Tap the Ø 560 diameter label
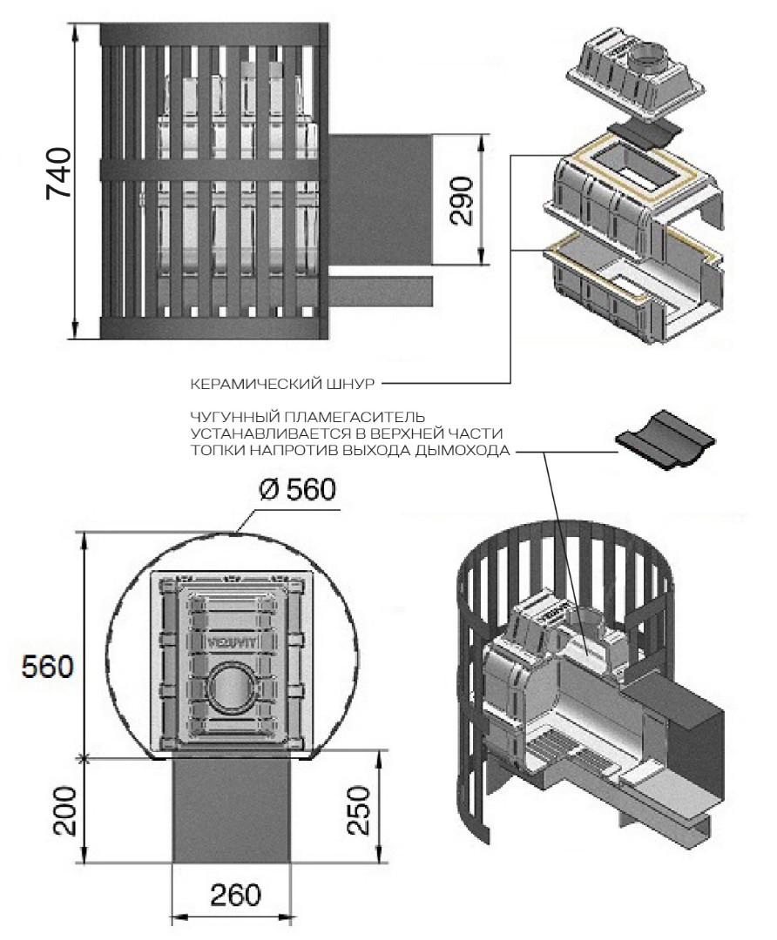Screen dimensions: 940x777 [296, 491]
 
